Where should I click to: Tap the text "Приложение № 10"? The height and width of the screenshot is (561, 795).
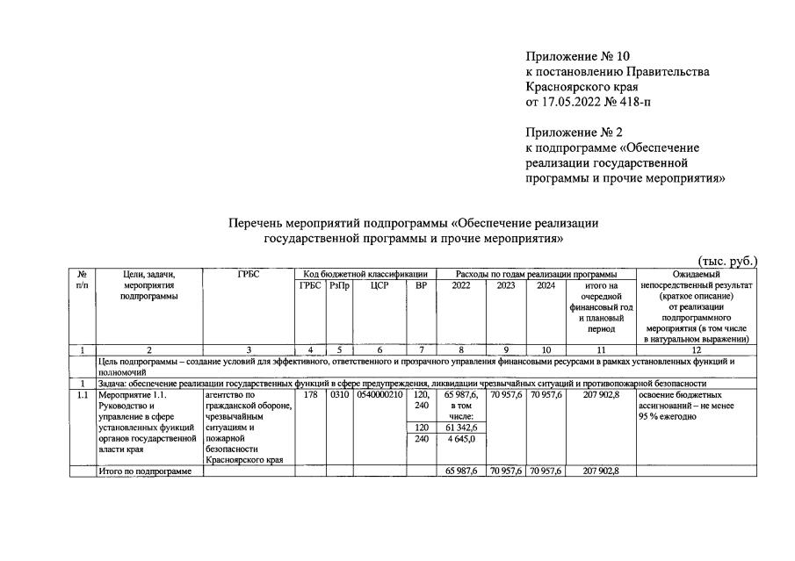575,55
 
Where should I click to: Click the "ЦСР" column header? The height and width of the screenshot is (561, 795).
379,285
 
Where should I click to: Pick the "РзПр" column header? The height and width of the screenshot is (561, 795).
338,285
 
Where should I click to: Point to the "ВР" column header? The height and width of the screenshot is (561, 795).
421,285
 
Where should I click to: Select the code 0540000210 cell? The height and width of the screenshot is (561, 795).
379,396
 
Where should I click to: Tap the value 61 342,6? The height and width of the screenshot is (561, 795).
460,428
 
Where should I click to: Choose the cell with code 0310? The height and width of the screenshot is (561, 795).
338,396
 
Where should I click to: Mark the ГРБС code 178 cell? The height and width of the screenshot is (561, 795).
309,396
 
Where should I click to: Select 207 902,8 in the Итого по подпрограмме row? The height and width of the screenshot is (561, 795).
600,471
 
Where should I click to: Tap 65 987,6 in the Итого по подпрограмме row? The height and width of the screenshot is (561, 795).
460,471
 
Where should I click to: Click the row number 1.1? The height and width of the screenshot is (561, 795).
81,396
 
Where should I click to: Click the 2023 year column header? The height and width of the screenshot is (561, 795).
506,285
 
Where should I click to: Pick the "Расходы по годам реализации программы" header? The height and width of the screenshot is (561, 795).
537,274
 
